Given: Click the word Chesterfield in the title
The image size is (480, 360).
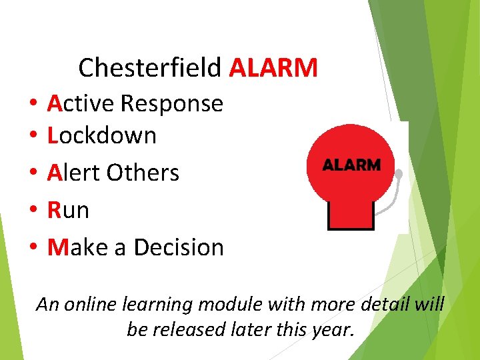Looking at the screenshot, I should coord(151,67).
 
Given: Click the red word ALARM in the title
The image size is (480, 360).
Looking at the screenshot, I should coord(273,67).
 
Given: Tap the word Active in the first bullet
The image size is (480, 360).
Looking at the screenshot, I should coord(81,103).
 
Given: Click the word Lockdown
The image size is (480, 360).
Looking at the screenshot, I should coord(102,136).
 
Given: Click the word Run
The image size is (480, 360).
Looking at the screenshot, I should coord(68,210).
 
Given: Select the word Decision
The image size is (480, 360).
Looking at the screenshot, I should coord(179,247).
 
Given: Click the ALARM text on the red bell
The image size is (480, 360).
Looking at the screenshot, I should coord(351,165).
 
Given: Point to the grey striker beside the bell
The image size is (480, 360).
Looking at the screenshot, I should coord(399,175).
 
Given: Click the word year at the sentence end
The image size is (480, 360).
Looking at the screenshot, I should coord(332,329).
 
